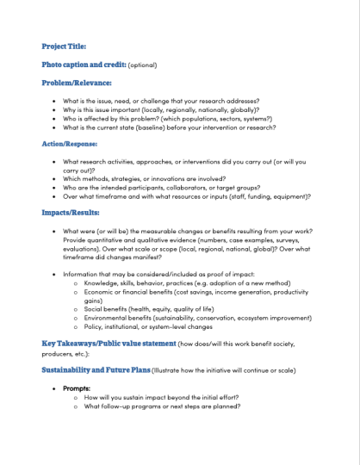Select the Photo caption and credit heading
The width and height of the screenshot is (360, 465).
tap(84, 64)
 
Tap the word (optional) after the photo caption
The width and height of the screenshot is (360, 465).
tap(143, 65)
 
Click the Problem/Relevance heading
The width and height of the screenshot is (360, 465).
tap(77, 83)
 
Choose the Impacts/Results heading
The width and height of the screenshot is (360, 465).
tap(70, 211)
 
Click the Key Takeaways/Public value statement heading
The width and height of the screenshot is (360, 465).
tap(108, 344)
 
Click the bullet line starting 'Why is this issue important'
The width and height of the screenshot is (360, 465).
tap(160, 110)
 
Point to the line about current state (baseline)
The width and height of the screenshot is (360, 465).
tap(169, 127)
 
